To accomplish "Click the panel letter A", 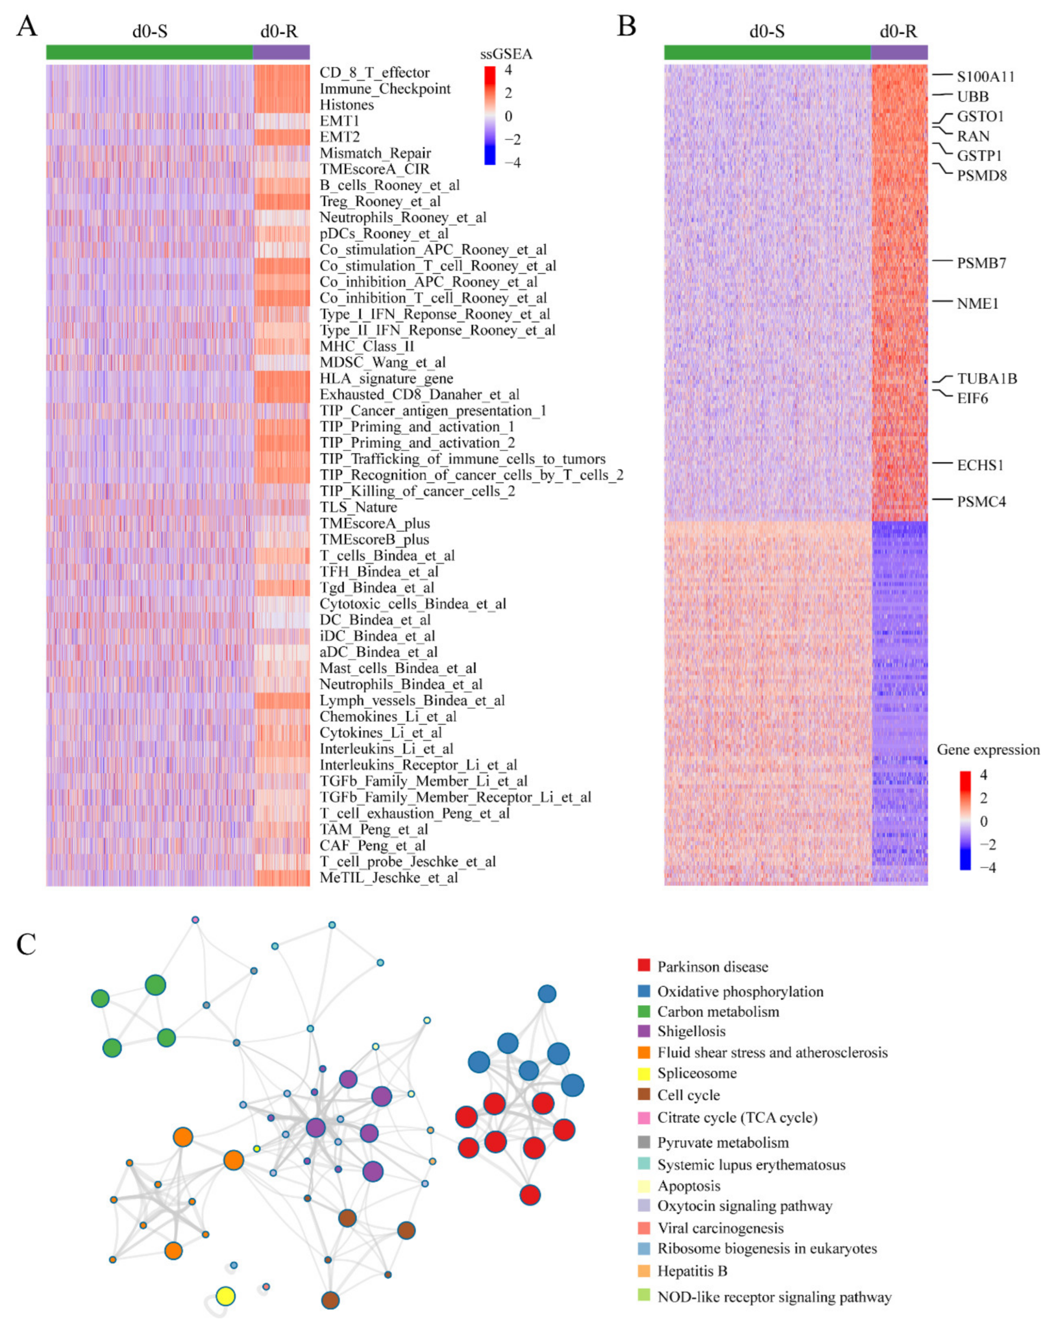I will [26, 27].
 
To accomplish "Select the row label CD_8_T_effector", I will [375, 73].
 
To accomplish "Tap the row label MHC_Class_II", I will [366, 346].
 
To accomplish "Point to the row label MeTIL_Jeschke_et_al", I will [389, 878].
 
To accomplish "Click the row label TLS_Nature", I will [358, 507].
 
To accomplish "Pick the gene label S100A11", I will [985, 77].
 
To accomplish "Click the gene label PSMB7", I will [981, 263].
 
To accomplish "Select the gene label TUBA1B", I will [987, 378].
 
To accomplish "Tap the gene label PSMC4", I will [981, 502].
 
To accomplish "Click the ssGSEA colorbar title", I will [506, 54].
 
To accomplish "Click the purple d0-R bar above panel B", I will [899, 52].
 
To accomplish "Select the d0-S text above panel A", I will [149, 31].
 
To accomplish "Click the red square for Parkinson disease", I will [643, 966].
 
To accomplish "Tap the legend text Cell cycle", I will [688, 1095].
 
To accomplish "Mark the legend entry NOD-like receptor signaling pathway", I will [773, 1297].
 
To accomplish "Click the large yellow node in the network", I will [225, 1296].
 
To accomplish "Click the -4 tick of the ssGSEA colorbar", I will [512, 163].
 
